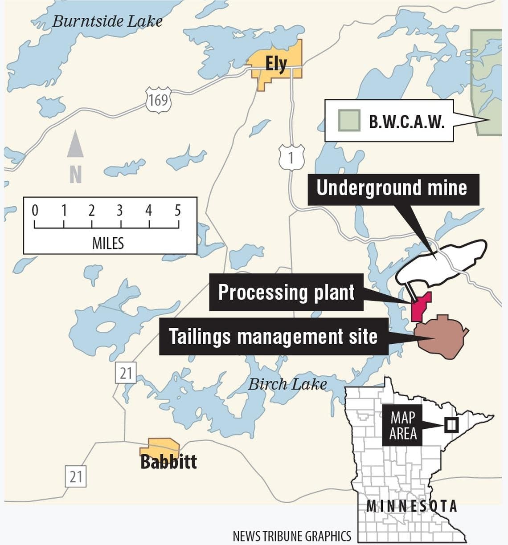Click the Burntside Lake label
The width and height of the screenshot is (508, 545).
pos(107,21)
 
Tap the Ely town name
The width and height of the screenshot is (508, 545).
pos(276,64)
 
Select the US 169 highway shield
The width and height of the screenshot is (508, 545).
pos(158,100)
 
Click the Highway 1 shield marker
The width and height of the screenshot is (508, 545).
pos(291,158)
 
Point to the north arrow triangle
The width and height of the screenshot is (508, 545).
pos(75,144)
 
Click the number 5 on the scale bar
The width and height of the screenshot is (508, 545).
pos(178,210)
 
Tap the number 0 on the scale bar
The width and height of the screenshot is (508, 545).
pos(35,210)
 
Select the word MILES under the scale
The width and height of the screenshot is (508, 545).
pos(108,243)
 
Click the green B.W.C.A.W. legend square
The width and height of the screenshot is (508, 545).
pos(349,121)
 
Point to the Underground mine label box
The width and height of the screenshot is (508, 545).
pos(392,188)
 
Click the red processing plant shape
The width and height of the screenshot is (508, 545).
pos(420,308)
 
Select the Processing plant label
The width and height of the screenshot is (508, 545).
pos(286,293)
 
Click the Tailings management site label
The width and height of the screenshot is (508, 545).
pos(273,336)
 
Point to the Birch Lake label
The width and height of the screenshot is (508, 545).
pos(287,384)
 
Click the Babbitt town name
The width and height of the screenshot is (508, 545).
pos(168,462)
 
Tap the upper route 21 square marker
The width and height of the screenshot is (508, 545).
pos(125,373)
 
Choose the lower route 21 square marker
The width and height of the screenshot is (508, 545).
pos(75,476)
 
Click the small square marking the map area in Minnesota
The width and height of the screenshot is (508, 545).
pos(451,425)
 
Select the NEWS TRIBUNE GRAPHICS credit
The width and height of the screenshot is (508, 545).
pos(292,536)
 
